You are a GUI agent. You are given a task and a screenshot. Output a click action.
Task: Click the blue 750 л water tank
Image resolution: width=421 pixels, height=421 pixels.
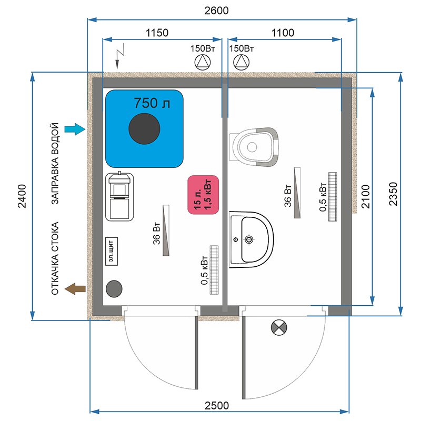pos(144,128)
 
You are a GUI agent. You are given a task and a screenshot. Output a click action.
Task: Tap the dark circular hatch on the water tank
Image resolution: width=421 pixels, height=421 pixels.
pos(144,128)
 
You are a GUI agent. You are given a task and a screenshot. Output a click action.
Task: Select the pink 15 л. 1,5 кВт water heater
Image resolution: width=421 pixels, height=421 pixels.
pos(203,195)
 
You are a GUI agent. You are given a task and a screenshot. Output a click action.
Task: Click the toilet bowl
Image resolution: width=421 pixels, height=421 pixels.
pos(254,147)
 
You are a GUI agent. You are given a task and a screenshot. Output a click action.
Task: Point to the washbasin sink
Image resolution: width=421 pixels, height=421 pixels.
pos(251,239)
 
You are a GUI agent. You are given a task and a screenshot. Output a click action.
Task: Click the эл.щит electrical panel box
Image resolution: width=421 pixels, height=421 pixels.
pos(112,251)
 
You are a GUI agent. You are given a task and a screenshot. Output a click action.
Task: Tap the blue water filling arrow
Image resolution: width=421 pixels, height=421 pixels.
pos(75,129)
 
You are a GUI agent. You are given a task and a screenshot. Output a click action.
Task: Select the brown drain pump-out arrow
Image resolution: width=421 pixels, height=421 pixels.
pos(75,289)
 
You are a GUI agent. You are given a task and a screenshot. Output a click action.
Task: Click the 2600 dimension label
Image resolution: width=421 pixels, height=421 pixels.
pos(216,11)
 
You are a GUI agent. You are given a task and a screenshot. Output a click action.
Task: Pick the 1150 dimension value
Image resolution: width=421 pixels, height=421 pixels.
pos(157,33)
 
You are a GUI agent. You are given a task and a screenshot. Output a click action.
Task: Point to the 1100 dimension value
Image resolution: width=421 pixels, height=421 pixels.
pos(283,33)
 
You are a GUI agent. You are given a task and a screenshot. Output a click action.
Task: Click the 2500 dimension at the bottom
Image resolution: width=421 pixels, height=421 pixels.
pos(217,405)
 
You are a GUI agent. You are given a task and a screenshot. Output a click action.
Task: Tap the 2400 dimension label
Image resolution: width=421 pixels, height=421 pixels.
pos(22,196)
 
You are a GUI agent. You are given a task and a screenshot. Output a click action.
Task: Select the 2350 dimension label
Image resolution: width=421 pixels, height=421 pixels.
pos(393,194)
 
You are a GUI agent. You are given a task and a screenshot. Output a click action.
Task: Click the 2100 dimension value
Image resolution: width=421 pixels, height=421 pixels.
pos(366,196)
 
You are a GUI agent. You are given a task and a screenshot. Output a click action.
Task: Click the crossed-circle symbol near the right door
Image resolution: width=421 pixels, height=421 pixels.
pos(279,327)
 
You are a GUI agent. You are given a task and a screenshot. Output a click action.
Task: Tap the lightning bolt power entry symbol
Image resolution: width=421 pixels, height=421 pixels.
pos(120,56)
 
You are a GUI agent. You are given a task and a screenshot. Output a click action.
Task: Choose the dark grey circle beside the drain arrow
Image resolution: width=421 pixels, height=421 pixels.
pos(114,289)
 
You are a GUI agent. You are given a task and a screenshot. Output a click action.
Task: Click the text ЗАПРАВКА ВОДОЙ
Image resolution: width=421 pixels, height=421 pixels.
pos(55,164)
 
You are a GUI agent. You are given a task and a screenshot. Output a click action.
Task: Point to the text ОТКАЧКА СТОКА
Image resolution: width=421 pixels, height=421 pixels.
pos(55,258)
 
